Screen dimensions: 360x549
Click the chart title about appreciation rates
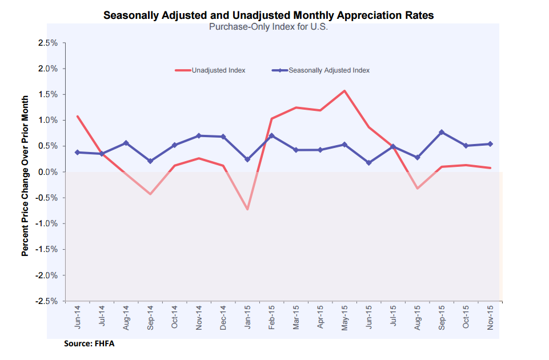point(268,15)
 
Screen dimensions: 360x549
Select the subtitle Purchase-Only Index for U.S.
point(268,27)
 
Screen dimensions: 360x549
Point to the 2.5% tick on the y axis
point(47,43)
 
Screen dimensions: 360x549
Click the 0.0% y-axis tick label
point(47,172)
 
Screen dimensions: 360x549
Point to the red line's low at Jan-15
point(247,209)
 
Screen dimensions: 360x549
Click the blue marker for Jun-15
point(369,163)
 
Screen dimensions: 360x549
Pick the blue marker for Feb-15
point(272,135)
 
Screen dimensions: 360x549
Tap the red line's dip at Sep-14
point(150,194)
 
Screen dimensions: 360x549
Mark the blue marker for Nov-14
point(198,135)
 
